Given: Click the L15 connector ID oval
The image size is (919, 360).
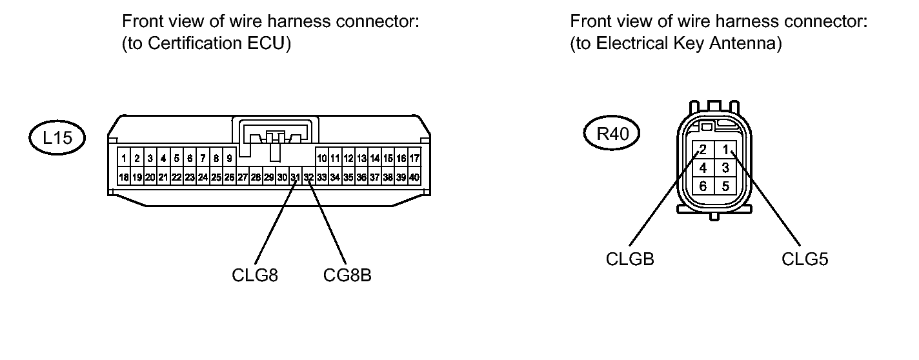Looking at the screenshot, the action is coord(57,138).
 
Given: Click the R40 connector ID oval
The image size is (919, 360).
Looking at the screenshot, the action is coord(612,134).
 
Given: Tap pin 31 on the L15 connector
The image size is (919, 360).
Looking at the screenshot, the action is coord(295,177).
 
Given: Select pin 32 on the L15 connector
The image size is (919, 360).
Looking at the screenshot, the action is coord(308,177).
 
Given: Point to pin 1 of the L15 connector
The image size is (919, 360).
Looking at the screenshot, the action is coord(124,158).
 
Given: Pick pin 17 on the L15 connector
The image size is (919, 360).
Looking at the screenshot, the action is coord(414,158).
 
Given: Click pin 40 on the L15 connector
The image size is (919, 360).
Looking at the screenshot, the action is coord(414,177).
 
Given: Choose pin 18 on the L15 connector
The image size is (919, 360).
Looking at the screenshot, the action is coord(124,177).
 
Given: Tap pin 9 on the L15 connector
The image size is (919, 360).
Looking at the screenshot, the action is coord(229,158).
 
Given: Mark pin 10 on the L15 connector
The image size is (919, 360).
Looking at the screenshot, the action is coord(322,158).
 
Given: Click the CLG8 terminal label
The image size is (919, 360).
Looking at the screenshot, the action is coord(255,275).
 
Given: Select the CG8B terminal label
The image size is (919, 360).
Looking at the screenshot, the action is coord(347,275).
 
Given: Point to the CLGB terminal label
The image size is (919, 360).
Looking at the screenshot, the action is coord(630,259).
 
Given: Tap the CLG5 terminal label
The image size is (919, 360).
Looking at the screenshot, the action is coord(805,259).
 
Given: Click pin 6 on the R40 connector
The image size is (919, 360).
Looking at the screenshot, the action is coord(703,186).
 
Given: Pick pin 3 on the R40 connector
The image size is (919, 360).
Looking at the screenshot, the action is coord(725,168).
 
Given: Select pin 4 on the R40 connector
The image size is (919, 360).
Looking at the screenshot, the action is coord(703,168).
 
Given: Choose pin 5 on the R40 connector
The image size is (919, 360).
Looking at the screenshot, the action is coord(725,186).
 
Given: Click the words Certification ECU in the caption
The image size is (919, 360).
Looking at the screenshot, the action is coord(216,43).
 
